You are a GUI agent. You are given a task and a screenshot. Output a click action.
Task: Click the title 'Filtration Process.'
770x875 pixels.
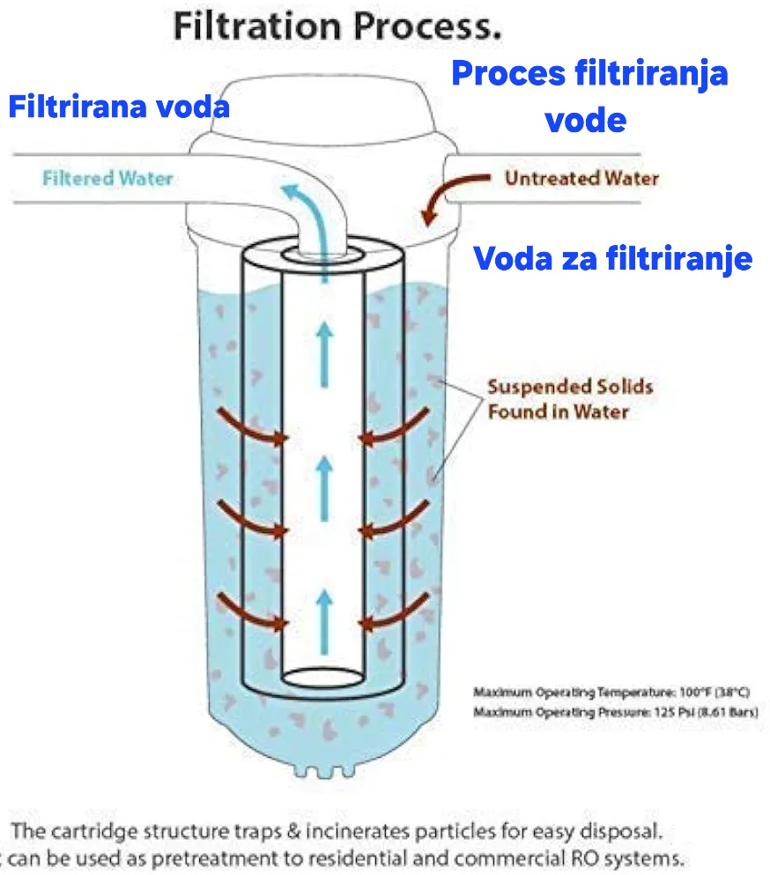tap(337, 26)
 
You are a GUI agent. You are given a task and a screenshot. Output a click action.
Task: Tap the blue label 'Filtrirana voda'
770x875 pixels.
tap(119, 108)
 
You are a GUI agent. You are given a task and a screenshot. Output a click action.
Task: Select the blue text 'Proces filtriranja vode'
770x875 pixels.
tap(589, 95)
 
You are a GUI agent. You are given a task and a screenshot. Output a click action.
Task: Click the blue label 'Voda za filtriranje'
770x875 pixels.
tap(613, 258)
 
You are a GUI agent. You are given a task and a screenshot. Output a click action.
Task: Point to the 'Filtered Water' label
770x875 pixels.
tap(107, 178)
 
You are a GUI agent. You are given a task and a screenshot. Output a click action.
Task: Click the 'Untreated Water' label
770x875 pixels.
tap(581, 178)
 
